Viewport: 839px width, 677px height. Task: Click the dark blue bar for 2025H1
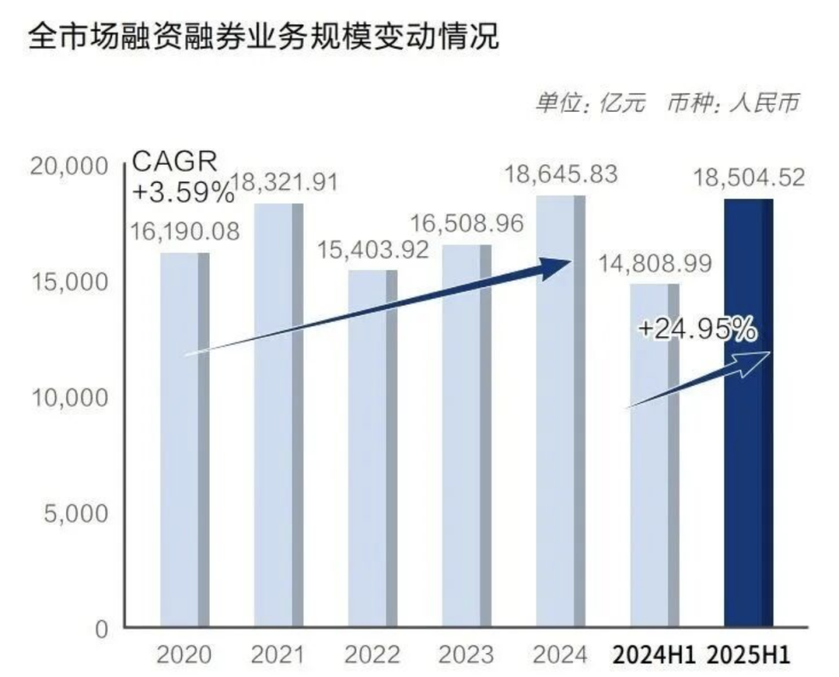click(x=748, y=412)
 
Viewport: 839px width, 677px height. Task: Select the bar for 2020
click(x=185, y=439)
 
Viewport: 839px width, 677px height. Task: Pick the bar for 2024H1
click(x=655, y=455)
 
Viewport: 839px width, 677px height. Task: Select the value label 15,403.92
click(x=374, y=250)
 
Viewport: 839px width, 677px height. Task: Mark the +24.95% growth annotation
click(x=697, y=329)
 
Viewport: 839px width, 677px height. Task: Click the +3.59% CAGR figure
click(x=183, y=191)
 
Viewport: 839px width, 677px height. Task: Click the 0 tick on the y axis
click(x=102, y=629)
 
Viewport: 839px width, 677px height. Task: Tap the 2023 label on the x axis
click(x=466, y=654)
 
